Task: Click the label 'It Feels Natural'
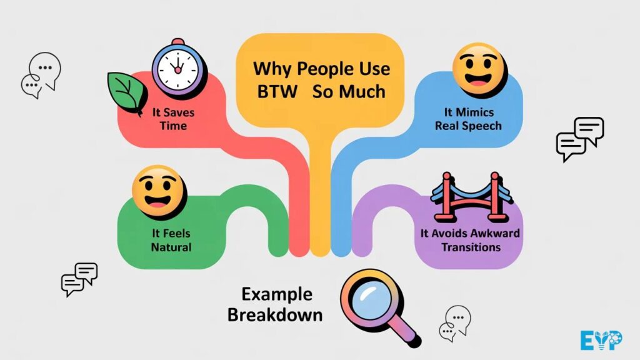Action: [171, 241]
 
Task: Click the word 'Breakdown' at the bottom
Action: [275, 314]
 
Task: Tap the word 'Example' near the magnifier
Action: [277, 293]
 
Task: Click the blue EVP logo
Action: [600, 340]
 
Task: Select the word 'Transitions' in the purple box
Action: [471, 247]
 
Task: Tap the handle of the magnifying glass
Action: [405, 333]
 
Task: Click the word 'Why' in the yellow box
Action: [273, 68]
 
